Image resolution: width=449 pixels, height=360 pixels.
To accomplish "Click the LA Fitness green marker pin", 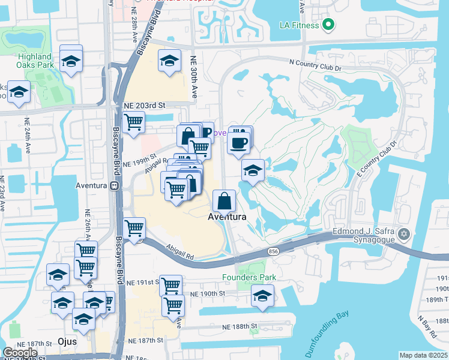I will (328, 25).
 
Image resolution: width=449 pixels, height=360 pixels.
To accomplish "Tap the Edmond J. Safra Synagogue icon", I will (404, 233).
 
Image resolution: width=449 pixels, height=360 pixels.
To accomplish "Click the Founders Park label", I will (249, 277).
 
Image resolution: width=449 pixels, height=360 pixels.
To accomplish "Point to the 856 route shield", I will (273, 250).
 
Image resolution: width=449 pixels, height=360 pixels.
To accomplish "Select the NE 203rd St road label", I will (144, 105).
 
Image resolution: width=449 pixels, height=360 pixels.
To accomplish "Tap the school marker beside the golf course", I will (253, 170).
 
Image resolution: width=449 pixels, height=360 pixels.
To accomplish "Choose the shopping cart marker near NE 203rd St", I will (133, 122).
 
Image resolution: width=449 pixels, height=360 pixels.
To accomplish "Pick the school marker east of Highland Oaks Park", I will (71, 61).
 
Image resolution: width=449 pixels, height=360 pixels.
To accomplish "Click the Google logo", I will (20, 353).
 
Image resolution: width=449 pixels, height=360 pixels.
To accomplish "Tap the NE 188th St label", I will (237, 326).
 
